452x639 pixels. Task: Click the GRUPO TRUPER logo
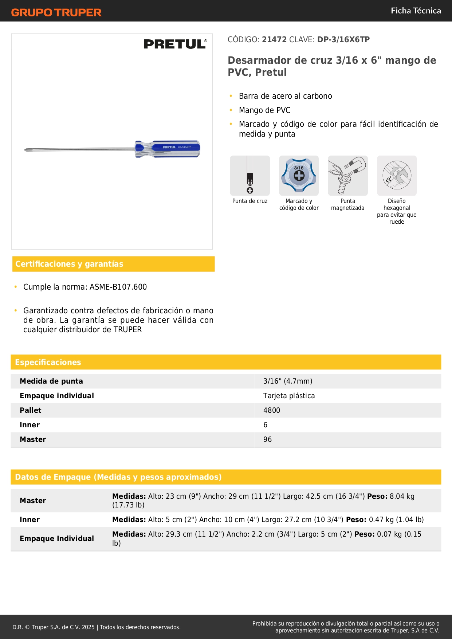(56, 12)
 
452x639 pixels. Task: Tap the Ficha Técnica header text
(416, 11)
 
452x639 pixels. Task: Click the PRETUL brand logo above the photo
(175, 44)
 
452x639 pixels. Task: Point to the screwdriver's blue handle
(168, 149)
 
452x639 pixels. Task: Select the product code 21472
(274, 39)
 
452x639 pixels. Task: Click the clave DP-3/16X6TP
(343, 39)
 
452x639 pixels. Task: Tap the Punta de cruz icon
(250, 176)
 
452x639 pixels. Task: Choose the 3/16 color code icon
(299, 176)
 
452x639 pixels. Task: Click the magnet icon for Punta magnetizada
(347, 176)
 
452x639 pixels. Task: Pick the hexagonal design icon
(397, 176)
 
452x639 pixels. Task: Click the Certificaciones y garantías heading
(69, 264)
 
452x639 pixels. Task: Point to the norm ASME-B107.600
(118, 287)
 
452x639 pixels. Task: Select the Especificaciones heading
(48, 362)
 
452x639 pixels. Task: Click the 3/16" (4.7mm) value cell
(288, 381)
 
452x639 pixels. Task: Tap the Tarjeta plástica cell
(289, 396)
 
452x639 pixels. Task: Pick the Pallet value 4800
(272, 410)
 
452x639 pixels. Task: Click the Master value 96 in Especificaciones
(267, 439)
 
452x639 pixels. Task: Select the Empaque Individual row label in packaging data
(57, 538)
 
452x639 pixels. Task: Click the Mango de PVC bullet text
(264, 110)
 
